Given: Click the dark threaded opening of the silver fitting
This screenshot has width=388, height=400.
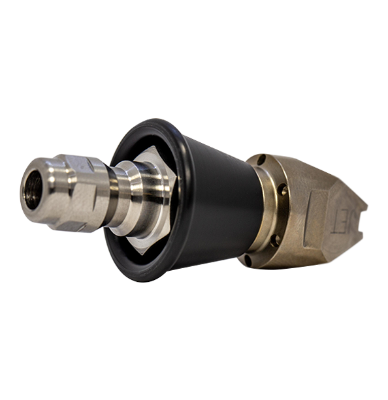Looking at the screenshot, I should pyautogui.click(x=33, y=189).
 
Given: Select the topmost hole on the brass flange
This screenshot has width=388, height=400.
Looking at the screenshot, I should pyautogui.click(x=261, y=160).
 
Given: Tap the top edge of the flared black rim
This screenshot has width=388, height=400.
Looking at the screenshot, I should pyautogui.click(x=147, y=123).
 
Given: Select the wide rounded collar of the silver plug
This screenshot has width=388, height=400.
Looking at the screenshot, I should pyautogui.click(x=131, y=196).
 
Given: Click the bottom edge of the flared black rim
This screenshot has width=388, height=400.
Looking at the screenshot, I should pyautogui.click(x=140, y=277).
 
